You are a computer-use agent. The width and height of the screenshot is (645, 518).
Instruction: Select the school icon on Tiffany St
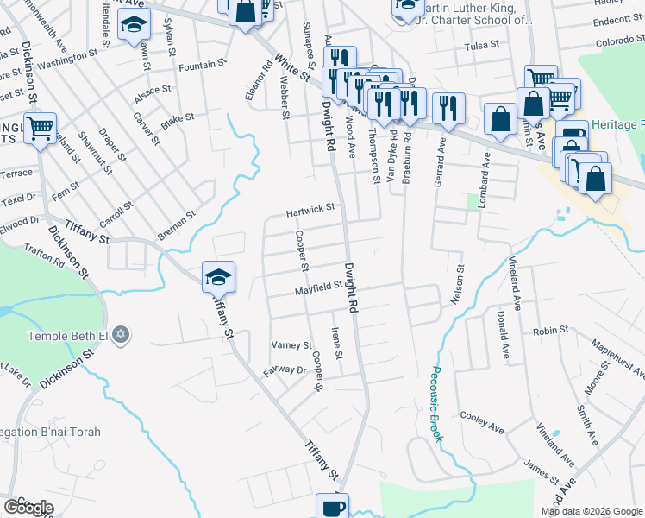click(218, 278)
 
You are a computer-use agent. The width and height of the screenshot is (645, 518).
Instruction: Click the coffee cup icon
click(332, 508)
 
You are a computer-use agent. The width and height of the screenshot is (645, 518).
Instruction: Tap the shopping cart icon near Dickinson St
click(40, 129)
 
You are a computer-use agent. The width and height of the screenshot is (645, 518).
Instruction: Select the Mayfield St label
click(319, 292)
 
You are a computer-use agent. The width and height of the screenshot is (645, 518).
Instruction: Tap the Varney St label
click(291, 345)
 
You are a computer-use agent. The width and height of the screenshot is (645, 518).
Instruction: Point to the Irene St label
click(338, 344)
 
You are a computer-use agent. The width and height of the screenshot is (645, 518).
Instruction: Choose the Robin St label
click(550, 331)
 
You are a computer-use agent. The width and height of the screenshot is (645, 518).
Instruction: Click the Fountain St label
click(202, 65)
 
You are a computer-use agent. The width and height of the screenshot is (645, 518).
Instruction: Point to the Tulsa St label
click(482, 47)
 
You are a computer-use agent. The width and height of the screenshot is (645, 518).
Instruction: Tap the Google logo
click(28, 508)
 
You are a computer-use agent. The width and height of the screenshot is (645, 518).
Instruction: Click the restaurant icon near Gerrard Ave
click(448, 109)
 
